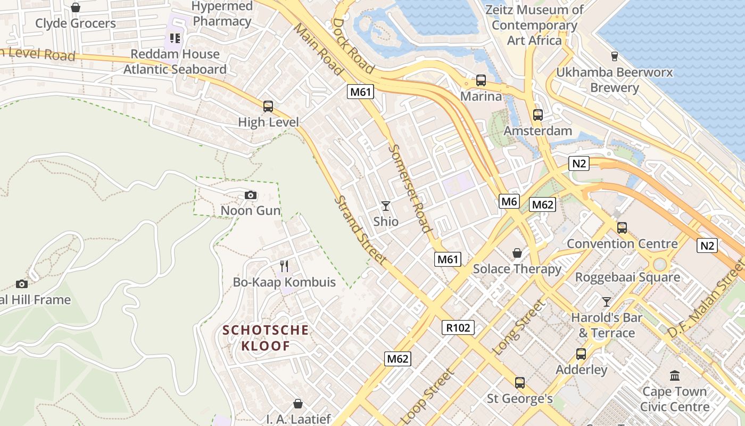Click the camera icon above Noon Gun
[x=251, y=195]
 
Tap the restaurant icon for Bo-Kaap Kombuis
[x=284, y=266]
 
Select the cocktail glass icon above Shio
[x=386, y=206]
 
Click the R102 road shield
[x=458, y=327]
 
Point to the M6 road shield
[x=509, y=201]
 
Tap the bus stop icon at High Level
[x=268, y=106]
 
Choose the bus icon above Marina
[x=481, y=80]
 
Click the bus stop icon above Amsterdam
[x=538, y=114]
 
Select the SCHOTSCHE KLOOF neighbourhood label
[x=266, y=338]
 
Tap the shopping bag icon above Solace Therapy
[x=517, y=252]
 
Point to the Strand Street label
[x=360, y=231]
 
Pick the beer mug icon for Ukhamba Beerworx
[x=615, y=56]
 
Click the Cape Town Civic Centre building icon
[x=675, y=375]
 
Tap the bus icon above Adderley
[x=581, y=354]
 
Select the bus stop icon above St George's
[x=520, y=382]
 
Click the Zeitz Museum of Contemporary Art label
[x=534, y=25]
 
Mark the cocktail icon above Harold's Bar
[x=607, y=302]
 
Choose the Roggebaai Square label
[x=627, y=277]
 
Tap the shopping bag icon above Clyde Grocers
[x=76, y=7]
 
